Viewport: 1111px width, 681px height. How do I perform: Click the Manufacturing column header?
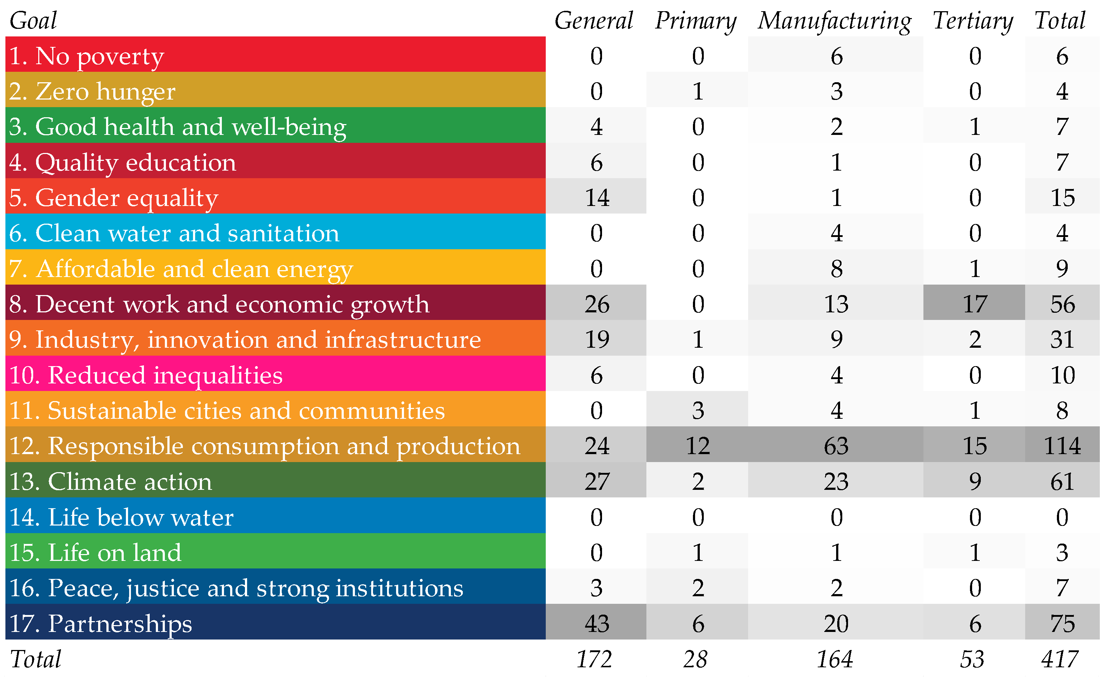(834, 21)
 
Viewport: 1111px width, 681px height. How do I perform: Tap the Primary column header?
(696, 21)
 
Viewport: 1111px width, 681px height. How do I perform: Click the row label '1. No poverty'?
(87, 56)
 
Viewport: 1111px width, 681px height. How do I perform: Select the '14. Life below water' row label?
(121, 517)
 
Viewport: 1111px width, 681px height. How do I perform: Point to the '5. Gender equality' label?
(114, 198)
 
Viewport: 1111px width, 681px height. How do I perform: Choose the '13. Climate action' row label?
(110, 481)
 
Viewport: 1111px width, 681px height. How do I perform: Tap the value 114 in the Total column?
(1062, 445)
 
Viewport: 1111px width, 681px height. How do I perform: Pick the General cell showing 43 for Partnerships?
(597, 623)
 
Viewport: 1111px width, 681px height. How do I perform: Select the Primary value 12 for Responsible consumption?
(698, 445)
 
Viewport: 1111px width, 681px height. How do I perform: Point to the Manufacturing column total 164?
(834, 659)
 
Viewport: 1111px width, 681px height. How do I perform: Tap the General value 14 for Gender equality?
(597, 198)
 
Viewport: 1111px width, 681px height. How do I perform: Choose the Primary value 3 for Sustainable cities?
(698, 410)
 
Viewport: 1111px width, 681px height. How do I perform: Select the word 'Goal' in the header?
(33, 21)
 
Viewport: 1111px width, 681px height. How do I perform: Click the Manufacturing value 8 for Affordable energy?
(836, 268)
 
